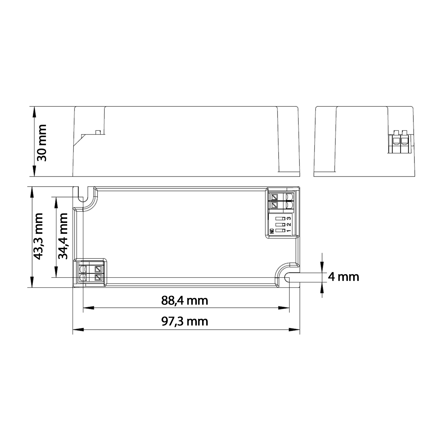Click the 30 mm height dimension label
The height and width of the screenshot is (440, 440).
pos(41,143)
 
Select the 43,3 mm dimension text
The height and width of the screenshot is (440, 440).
pos(38,236)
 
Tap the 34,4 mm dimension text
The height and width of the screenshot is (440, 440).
pos(62,236)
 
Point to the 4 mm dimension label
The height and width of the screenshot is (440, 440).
pos(343,277)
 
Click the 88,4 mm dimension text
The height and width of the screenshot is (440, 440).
pos(185,300)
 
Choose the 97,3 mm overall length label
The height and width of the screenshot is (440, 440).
pos(185,321)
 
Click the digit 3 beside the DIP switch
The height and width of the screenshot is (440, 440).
pos(289,218)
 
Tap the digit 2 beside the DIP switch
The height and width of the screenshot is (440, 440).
pos(289,225)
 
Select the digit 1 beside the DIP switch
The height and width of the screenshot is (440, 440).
pos(289,231)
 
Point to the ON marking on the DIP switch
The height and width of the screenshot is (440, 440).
pos(272,231)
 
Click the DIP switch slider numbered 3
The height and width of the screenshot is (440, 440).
pos(280,218)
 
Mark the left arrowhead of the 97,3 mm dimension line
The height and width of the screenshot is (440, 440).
pos(78,329)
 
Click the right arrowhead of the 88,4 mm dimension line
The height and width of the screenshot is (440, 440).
pos(284,308)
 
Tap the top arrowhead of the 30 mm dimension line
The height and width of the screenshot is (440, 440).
pos(34,111)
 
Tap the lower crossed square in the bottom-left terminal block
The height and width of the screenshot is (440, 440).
pos(98,277)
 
